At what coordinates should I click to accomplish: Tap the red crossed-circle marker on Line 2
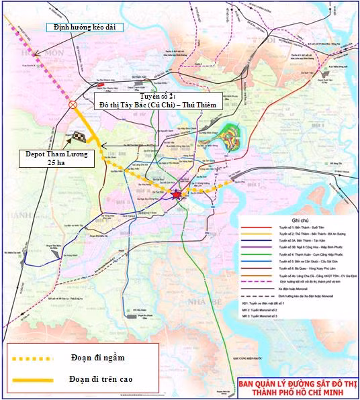(73, 105)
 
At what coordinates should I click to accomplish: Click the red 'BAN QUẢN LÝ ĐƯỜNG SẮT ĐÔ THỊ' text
(297, 385)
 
